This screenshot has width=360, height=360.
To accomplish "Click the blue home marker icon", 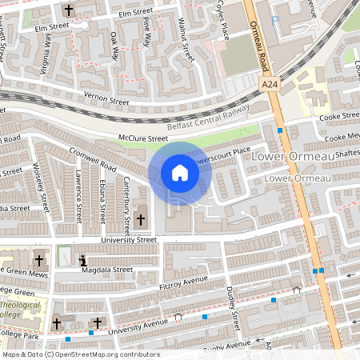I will pos(180,172).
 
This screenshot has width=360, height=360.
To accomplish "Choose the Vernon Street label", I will pos(107,102).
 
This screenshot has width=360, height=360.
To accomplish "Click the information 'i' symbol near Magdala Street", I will pos(84,260).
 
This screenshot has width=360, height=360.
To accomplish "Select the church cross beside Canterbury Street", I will pos(142,219).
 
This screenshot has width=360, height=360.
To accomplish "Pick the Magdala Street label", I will pos(107,270).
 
